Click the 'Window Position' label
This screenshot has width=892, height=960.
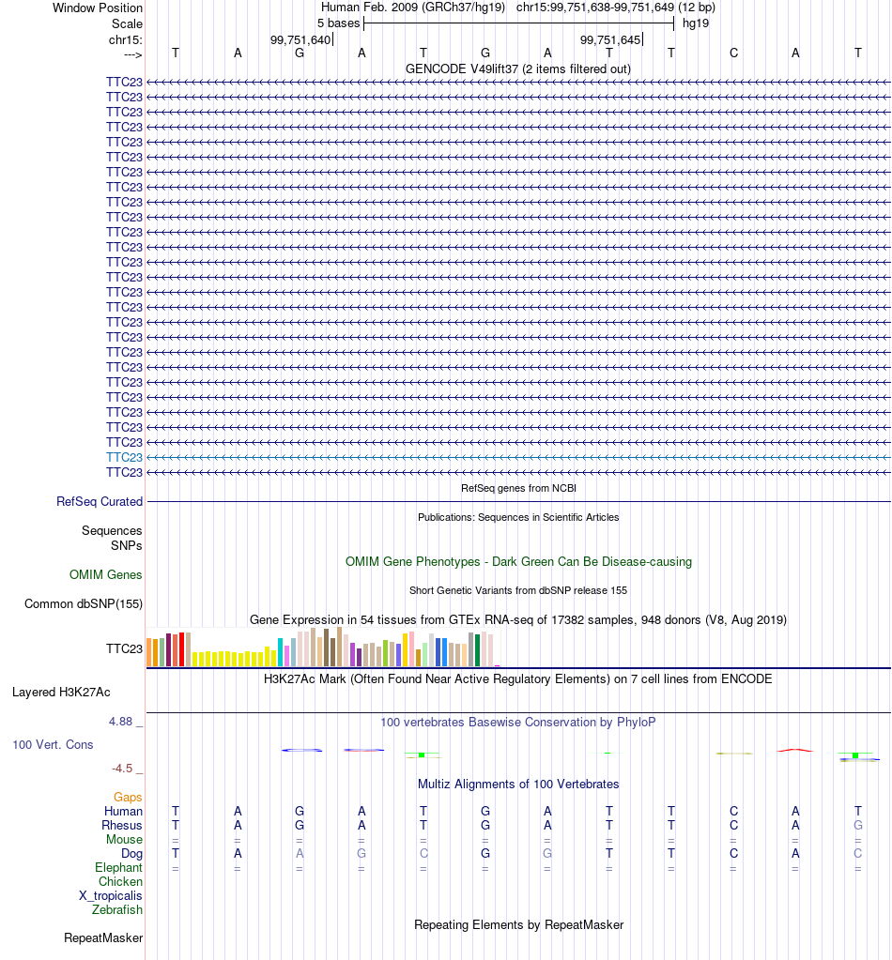pyautogui.click(x=98, y=8)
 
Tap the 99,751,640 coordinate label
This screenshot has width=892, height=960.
pyautogui.click(x=300, y=39)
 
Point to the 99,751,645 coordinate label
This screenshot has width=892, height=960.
pyautogui.click(x=610, y=39)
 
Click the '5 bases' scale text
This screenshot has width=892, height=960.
pyautogui.click(x=338, y=23)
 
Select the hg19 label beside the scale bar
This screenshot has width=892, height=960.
pyautogui.click(x=696, y=23)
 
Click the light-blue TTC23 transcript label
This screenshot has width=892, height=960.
pyautogui.click(x=124, y=457)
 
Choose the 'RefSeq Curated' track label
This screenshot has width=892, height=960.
pyautogui.click(x=100, y=501)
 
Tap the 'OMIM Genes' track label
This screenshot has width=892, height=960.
pyautogui.click(x=105, y=575)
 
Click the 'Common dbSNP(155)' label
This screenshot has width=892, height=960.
pyautogui.click(x=84, y=603)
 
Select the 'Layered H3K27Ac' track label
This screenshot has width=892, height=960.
pyautogui.click(x=61, y=693)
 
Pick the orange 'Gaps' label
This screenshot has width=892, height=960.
pyautogui.click(x=128, y=797)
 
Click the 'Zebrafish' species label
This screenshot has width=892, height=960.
pyautogui.click(x=117, y=910)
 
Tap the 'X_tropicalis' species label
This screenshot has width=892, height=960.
pyautogui.click(x=110, y=895)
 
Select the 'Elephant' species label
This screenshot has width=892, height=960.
pyautogui.click(x=118, y=867)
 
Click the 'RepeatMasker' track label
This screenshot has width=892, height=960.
pyautogui.click(x=103, y=938)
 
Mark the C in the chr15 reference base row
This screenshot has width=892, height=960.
pyautogui.click(x=733, y=53)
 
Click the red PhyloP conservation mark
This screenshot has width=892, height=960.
pyautogui.click(x=794, y=750)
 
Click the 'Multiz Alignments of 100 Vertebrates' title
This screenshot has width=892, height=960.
pyautogui.click(x=518, y=785)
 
